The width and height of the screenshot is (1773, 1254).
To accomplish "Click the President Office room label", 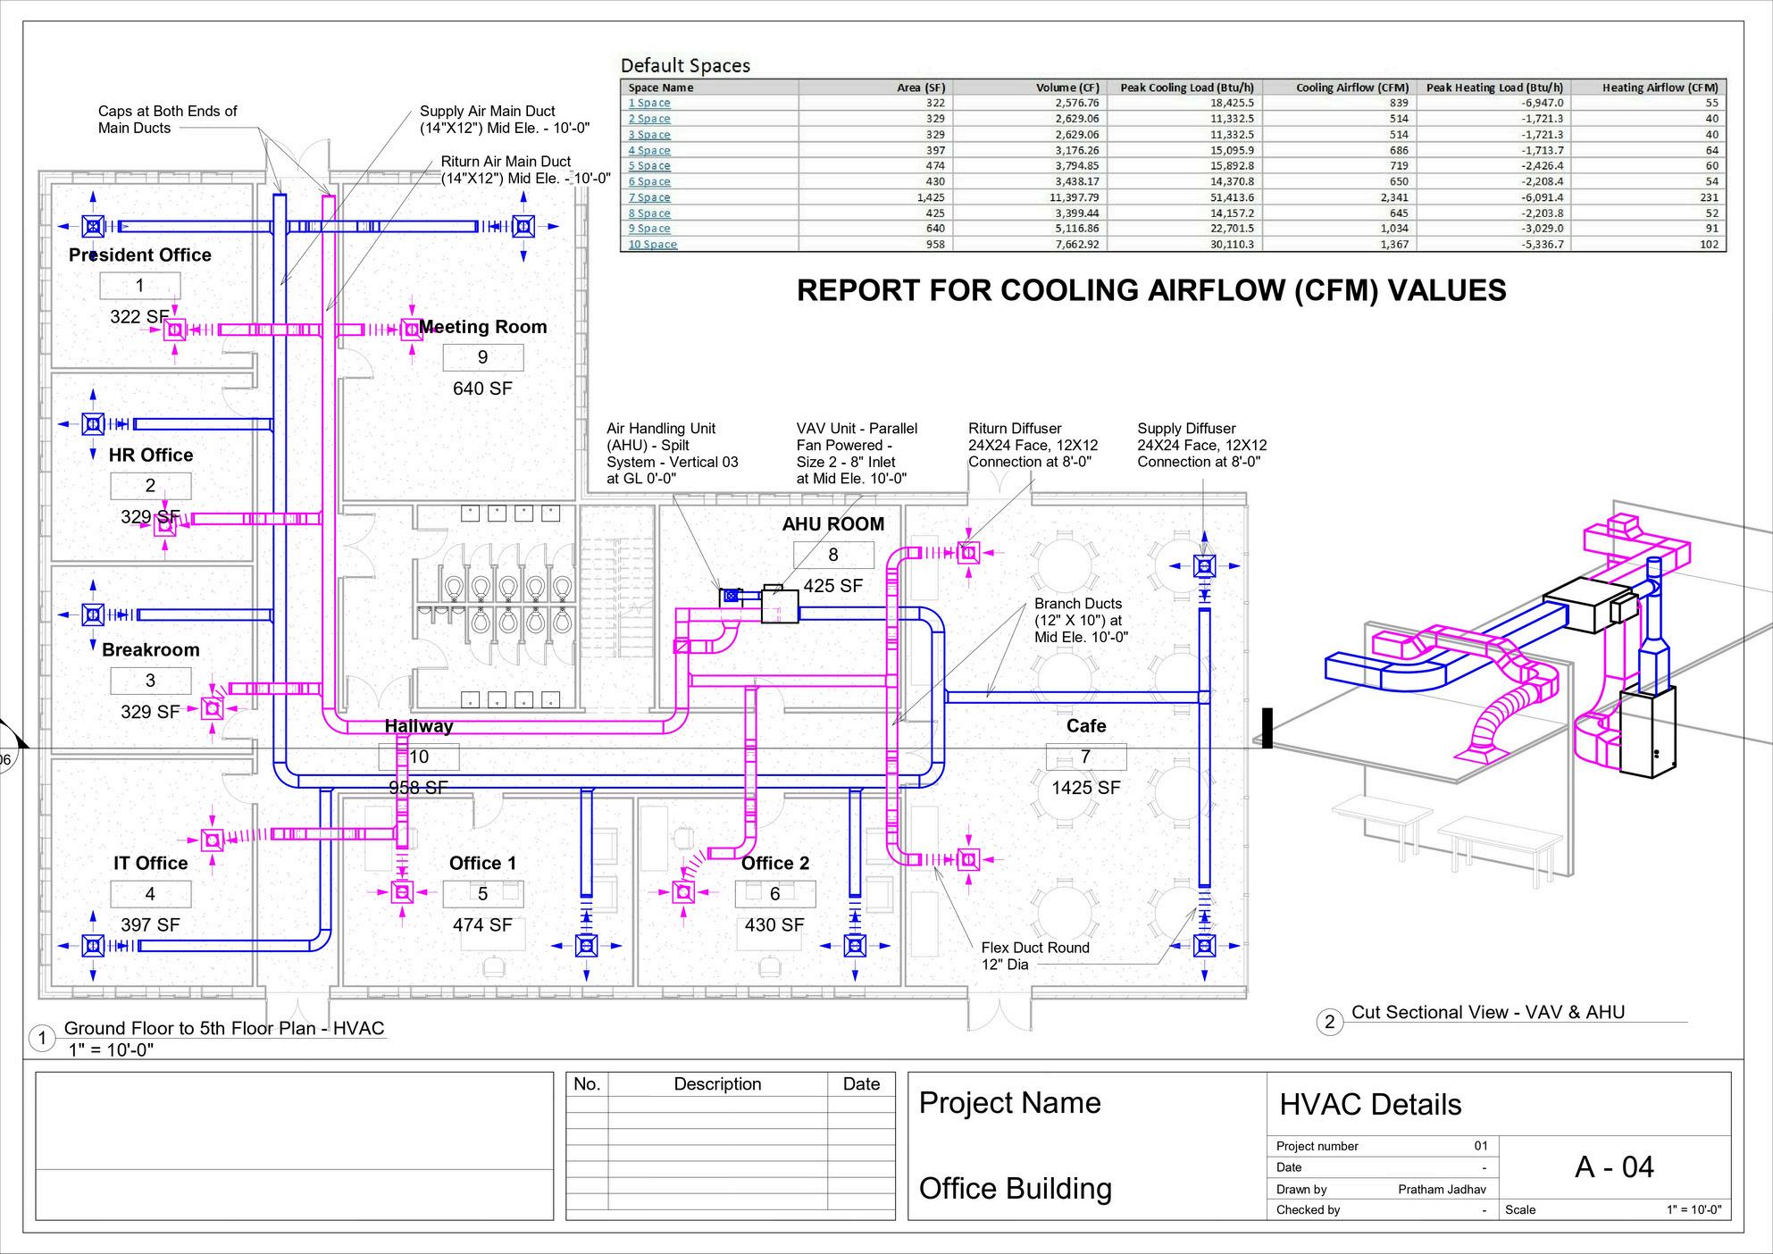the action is (x=140, y=255).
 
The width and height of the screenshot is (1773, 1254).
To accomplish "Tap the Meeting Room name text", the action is (x=483, y=327).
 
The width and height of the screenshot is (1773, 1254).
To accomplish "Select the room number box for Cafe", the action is (x=1086, y=757).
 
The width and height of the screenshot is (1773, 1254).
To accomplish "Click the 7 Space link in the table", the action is (x=649, y=197).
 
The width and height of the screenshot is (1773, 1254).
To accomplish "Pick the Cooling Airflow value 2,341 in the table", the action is (x=1394, y=197).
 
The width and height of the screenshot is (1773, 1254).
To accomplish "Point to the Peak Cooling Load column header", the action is (x=1187, y=88).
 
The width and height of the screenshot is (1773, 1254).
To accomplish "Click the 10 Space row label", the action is (x=653, y=245).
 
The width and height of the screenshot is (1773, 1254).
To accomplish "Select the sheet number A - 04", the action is (x=1614, y=1167).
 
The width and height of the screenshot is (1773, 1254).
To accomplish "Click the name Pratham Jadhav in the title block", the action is (x=1443, y=1189).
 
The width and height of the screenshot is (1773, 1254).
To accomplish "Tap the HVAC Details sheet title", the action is (x=1370, y=1105).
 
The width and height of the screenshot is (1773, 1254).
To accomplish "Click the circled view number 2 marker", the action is (x=1330, y=1022).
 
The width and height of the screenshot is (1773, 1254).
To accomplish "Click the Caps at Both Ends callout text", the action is (x=167, y=120).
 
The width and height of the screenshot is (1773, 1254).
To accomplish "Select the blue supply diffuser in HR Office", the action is (x=93, y=424).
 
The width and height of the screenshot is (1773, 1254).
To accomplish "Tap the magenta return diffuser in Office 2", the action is (x=684, y=892).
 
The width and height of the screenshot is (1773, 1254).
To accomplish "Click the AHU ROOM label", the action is (x=833, y=524).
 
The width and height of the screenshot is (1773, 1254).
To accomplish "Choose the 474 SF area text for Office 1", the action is (x=482, y=925).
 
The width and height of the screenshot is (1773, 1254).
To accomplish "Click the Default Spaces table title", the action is (x=685, y=65).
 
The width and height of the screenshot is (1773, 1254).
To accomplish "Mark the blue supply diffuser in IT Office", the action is (x=93, y=945).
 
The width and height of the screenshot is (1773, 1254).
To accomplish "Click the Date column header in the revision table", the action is (x=861, y=1084).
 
